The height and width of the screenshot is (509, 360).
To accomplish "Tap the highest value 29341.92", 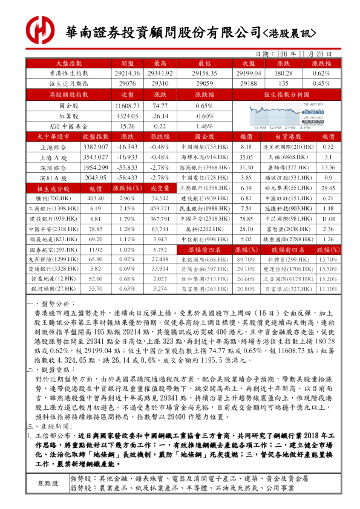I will (160, 73).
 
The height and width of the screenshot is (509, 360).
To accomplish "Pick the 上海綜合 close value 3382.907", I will (95, 147).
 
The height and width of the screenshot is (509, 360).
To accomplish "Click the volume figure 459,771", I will (160, 208).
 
